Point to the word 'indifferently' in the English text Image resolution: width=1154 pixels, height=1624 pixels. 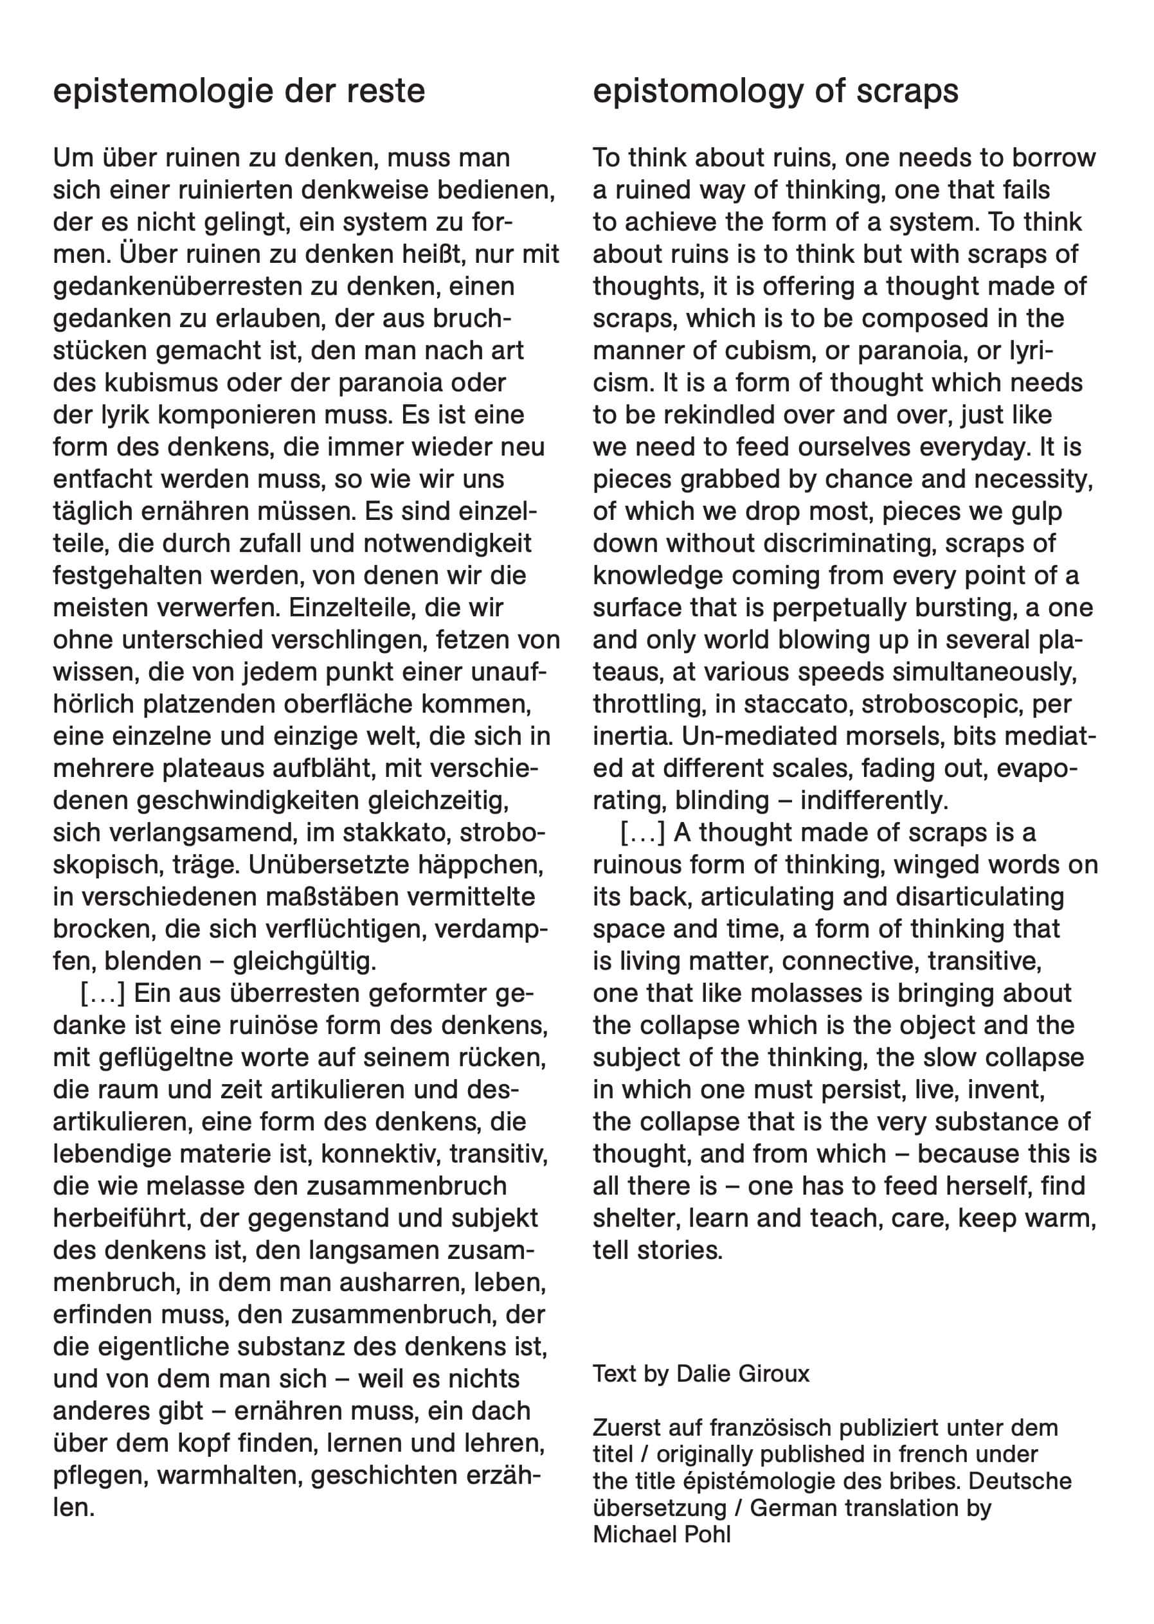[874, 801]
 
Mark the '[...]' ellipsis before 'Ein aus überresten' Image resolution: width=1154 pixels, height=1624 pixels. [102, 993]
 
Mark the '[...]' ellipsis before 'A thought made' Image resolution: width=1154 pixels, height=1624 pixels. [642, 833]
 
